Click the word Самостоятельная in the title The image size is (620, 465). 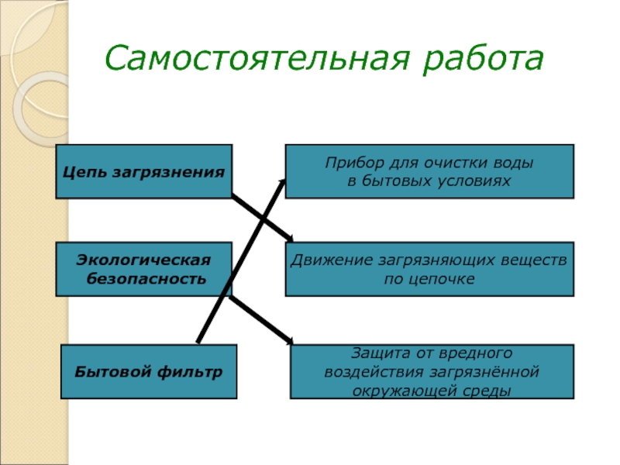[x=257, y=58]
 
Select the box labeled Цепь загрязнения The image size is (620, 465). [x=144, y=170]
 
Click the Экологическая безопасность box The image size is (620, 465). [x=144, y=268]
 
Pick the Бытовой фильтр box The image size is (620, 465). [x=149, y=371]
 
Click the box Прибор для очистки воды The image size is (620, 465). [x=429, y=170]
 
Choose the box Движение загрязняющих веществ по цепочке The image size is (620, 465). [x=429, y=268]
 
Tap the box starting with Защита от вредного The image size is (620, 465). [x=432, y=371]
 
